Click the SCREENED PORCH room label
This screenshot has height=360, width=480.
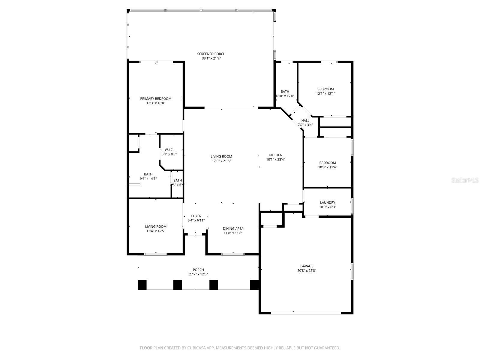[x=211, y=54]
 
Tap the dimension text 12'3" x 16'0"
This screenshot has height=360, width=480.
[x=156, y=103]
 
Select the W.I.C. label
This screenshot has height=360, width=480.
[x=169, y=150]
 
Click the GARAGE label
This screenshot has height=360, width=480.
[x=307, y=266]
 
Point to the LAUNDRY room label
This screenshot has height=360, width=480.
[x=327, y=202]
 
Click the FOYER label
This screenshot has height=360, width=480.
[x=196, y=216]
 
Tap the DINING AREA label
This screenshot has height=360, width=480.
[x=233, y=229]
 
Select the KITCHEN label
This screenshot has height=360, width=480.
[x=275, y=155]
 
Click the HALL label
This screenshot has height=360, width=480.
[x=305, y=121]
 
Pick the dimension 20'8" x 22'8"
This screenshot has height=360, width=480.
[x=307, y=271]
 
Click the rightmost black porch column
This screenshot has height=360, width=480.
[x=254, y=285]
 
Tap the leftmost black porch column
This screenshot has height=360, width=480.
[x=142, y=285]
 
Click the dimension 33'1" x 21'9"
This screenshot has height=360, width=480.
[x=211, y=58]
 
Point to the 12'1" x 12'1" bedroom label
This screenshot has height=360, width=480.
[x=325, y=89]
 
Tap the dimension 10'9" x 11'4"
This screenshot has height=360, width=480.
[x=327, y=167]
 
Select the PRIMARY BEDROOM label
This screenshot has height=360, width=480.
[x=156, y=98]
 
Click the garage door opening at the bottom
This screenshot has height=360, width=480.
[x=306, y=313]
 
